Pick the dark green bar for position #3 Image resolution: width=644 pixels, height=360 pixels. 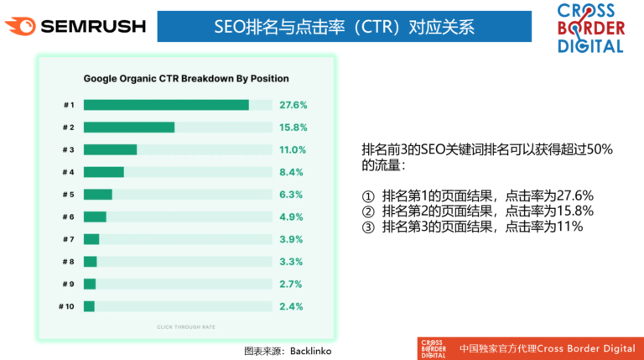[x=110, y=149]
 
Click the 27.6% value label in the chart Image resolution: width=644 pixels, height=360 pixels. [x=293, y=105]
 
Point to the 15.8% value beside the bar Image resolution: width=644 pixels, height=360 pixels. [x=293, y=128]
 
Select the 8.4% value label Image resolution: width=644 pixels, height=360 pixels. [x=293, y=172]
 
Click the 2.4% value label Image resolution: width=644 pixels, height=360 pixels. [x=293, y=306]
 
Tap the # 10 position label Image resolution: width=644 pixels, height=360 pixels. [x=66, y=306]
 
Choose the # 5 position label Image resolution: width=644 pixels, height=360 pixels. [x=68, y=195]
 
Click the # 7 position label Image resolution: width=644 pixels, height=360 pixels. [x=68, y=239]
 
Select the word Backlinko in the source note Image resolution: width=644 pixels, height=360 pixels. [x=313, y=349]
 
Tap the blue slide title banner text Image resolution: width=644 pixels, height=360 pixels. [x=344, y=27]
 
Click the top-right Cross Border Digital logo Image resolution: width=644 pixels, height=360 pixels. [x=590, y=28]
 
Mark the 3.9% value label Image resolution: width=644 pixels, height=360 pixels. [x=293, y=239]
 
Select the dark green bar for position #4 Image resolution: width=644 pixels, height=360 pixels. [x=104, y=172]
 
